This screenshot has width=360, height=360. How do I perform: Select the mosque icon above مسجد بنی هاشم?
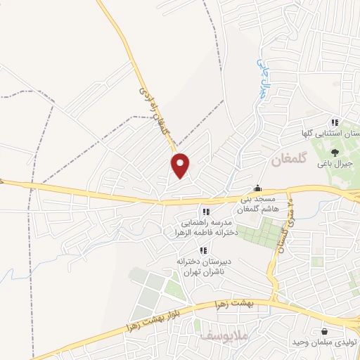click(x=257, y=188)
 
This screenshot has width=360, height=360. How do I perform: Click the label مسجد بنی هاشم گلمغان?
click(x=254, y=205)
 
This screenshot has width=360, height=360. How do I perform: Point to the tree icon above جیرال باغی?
click(x=334, y=150)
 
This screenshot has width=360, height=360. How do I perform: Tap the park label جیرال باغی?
click(x=333, y=164)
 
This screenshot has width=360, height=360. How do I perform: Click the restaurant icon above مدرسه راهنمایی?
click(x=205, y=211)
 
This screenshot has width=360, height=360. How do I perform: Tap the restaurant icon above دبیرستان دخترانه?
click(x=203, y=250)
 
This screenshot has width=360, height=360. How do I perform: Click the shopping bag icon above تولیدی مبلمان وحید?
click(x=324, y=331)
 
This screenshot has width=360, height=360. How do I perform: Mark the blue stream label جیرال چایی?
click(x=264, y=76)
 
